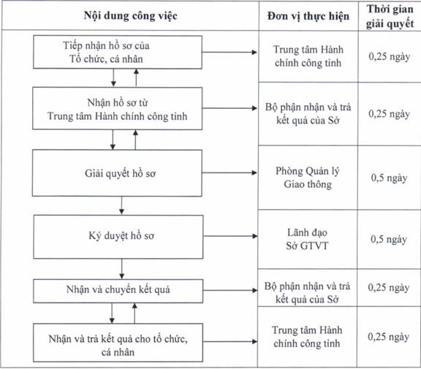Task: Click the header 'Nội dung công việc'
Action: (131, 15)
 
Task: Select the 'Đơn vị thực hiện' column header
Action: (308, 16)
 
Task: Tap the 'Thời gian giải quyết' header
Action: (390, 16)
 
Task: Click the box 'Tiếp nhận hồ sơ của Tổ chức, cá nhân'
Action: (118, 52)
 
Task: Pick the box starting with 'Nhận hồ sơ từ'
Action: (118, 108)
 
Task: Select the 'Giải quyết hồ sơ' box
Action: (117, 173)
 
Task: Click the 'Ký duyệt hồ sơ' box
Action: (118, 237)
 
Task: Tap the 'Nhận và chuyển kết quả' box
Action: (118, 291)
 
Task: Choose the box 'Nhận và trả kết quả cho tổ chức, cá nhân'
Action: (118, 343)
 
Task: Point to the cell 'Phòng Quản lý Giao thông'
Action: (308, 178)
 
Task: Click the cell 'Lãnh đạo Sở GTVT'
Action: (307, 239)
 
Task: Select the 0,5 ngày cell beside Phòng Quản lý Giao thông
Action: (389, 178)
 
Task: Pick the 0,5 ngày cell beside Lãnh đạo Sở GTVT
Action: (389, 239)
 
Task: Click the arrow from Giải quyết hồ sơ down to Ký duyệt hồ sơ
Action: (121, 205)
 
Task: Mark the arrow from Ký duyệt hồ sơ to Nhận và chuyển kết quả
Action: (121, 269)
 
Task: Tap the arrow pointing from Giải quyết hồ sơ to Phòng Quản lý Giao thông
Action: (230, 172)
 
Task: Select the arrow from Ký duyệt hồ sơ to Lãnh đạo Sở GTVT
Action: (230, 236)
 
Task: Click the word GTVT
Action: (314, 246)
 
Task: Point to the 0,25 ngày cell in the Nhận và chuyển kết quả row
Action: (389, 287)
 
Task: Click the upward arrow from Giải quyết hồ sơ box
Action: (135, 140)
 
